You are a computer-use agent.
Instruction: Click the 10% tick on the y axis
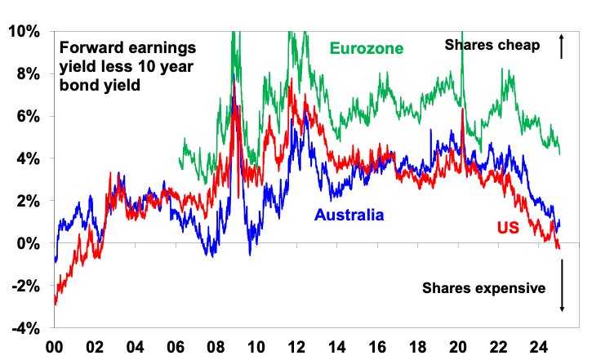coord(23,31)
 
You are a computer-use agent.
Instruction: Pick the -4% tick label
coord(24,328)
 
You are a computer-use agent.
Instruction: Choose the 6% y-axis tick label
coord(27,116)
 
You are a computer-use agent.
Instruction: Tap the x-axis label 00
coord(54,344)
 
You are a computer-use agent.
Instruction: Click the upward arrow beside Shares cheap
coord(562,47)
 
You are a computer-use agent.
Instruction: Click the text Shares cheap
coord(492,46)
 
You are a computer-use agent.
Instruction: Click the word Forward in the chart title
coord(85,47)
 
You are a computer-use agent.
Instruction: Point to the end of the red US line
coord(560,247)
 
